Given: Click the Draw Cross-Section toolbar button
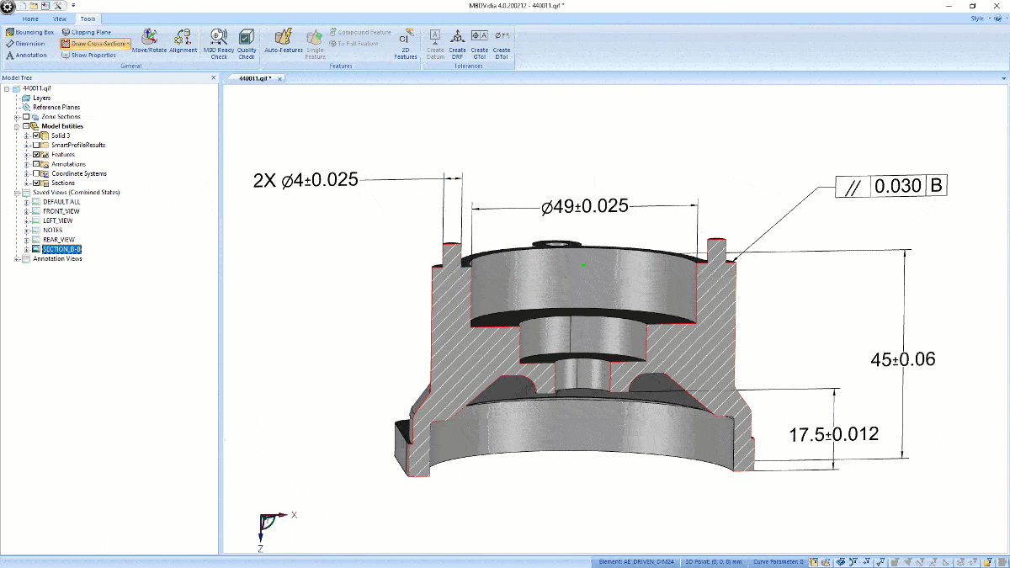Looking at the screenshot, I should (x=95, y=44).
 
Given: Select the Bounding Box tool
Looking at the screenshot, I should (x=29, y=32).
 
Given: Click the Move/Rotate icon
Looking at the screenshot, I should (x=149, y=39).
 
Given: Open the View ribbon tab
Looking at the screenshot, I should (x=59, y=18).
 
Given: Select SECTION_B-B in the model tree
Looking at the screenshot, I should (x=67, y=249).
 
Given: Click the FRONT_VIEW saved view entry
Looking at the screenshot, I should (x=61, y=211).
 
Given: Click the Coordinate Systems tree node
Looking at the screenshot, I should (x=79, y=173).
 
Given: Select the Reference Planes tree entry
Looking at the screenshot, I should (x=56, y=107).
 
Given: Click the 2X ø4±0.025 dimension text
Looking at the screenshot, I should (x=306, y=180).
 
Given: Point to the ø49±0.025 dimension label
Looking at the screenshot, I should (x=585, y=206).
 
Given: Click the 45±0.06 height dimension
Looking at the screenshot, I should (x=902, y=359).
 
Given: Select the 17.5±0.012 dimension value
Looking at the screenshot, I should (x=833, y=434).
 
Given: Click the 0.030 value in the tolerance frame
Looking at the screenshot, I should (x=898, y=187).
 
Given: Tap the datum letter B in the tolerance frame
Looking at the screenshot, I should (x=936, y=187).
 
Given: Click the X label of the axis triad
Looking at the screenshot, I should (x=294, y=514).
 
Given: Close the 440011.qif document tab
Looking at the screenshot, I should (x=280, y=78).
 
